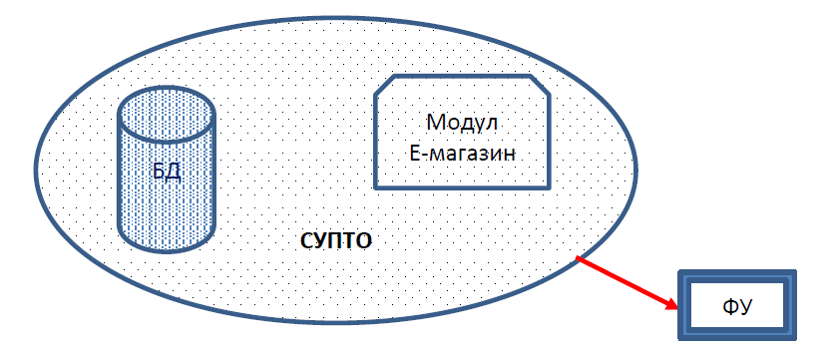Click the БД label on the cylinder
(166, 171)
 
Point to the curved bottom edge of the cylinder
(166, 249)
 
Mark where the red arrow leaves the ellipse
(577, 258)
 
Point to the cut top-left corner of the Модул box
(385, 86)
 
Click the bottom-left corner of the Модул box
(375, 186)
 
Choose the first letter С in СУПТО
(307, 241)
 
